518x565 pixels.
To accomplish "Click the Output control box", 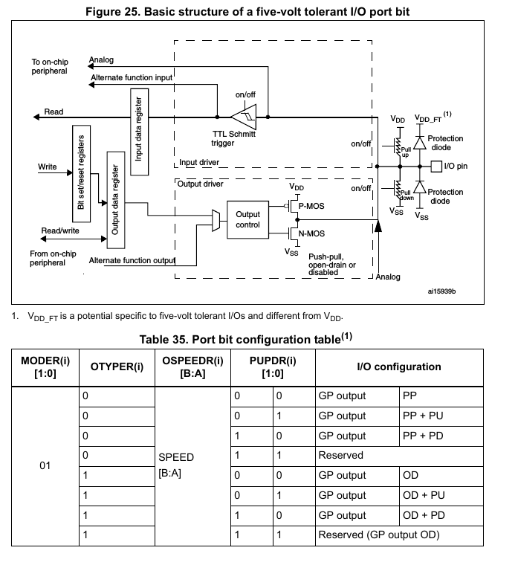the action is point(247,219).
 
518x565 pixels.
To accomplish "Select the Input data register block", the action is point(139,132).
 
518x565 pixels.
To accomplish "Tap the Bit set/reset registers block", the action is point(81,174).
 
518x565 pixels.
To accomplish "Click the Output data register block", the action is point(116,200).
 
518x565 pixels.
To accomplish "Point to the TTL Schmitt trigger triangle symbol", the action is point(244,117).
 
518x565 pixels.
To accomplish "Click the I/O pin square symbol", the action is point(436,167).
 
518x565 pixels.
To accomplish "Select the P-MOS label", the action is point(311,206).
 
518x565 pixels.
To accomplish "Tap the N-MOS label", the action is point(311,233).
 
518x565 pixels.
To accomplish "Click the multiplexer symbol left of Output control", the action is point(216,220).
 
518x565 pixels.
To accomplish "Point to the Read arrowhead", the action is point(36,117).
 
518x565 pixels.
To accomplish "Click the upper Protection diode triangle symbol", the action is point(420,143).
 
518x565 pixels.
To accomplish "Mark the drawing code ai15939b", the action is point(441,291).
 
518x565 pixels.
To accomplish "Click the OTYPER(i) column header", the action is point(117,367).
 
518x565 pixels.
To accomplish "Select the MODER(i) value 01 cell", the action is point(45,466).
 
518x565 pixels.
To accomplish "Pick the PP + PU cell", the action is point(441,416).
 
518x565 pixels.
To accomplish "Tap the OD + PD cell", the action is point(441,516).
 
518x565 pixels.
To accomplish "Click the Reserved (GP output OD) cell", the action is point(399,535).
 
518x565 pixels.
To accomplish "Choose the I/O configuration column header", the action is point(399,367).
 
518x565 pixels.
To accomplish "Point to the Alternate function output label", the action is point(132,260).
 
